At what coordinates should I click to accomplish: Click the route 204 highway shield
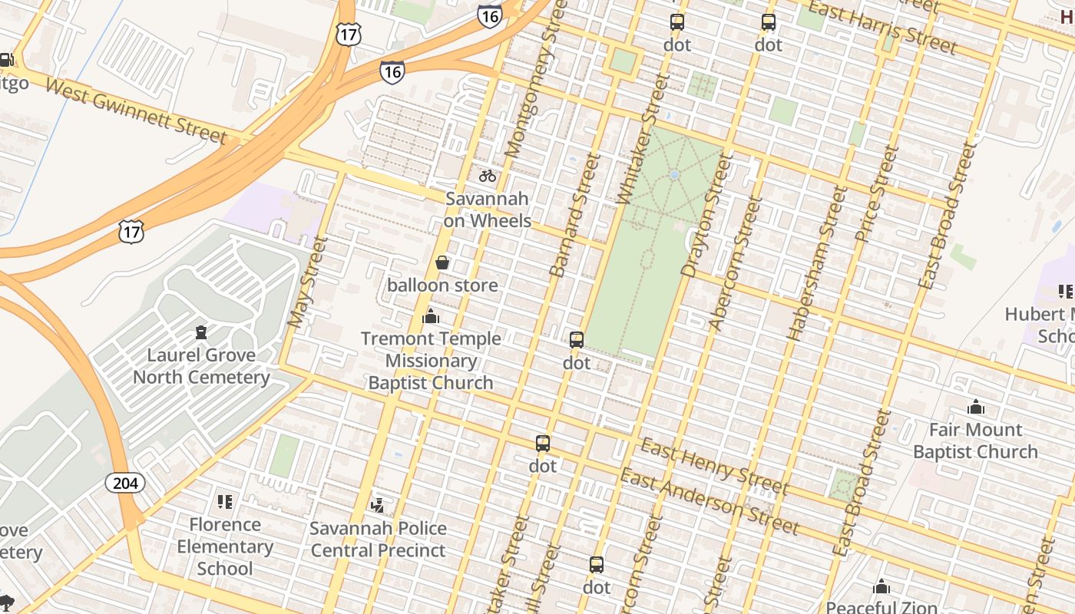(125, 483)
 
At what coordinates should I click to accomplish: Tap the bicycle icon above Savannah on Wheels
(488, 176)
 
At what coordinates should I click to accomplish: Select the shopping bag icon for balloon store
(442, 263)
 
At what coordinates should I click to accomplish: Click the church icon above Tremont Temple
(431, 316)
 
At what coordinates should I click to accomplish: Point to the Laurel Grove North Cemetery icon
(201, 332)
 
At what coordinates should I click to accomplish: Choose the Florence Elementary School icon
(225, 502)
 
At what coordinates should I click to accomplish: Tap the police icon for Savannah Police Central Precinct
(377, 505)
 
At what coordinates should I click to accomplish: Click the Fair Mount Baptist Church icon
(976, 407)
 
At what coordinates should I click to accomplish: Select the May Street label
(307, 282)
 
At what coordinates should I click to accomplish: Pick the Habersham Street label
(816, 263)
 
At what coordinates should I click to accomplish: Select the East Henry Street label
(714, 466)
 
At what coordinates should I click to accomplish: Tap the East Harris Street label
(883, 28)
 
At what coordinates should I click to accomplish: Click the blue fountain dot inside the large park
(674, 175)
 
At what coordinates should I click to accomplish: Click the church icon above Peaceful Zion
(881, 587)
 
